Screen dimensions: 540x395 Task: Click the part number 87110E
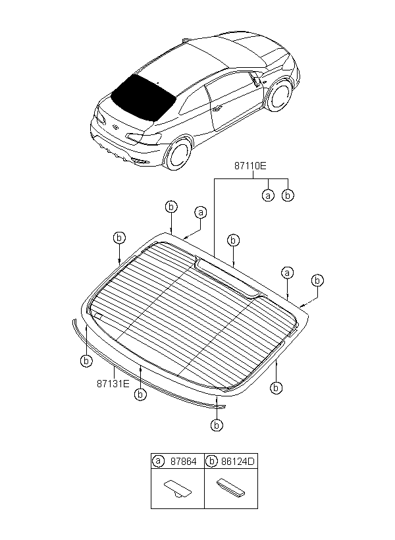pyautogui.click(x=249, y=167)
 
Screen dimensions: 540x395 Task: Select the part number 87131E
pyautogui.click(x=114, y=381)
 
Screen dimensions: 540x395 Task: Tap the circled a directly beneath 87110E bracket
pyautogui.click(x=267, y=196)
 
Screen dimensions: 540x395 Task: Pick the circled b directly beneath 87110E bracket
pyautogui.click(x=288, y=196)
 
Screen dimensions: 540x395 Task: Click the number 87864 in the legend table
pyautogui.click(x=183, y=462)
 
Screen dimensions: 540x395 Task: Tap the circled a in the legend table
pyautogui.click(x=159, y=462)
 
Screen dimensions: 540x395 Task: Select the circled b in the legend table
pyautogui.click(x=211, y=462)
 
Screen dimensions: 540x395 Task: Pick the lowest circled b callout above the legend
pyautogui.click(x=217, y=425)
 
